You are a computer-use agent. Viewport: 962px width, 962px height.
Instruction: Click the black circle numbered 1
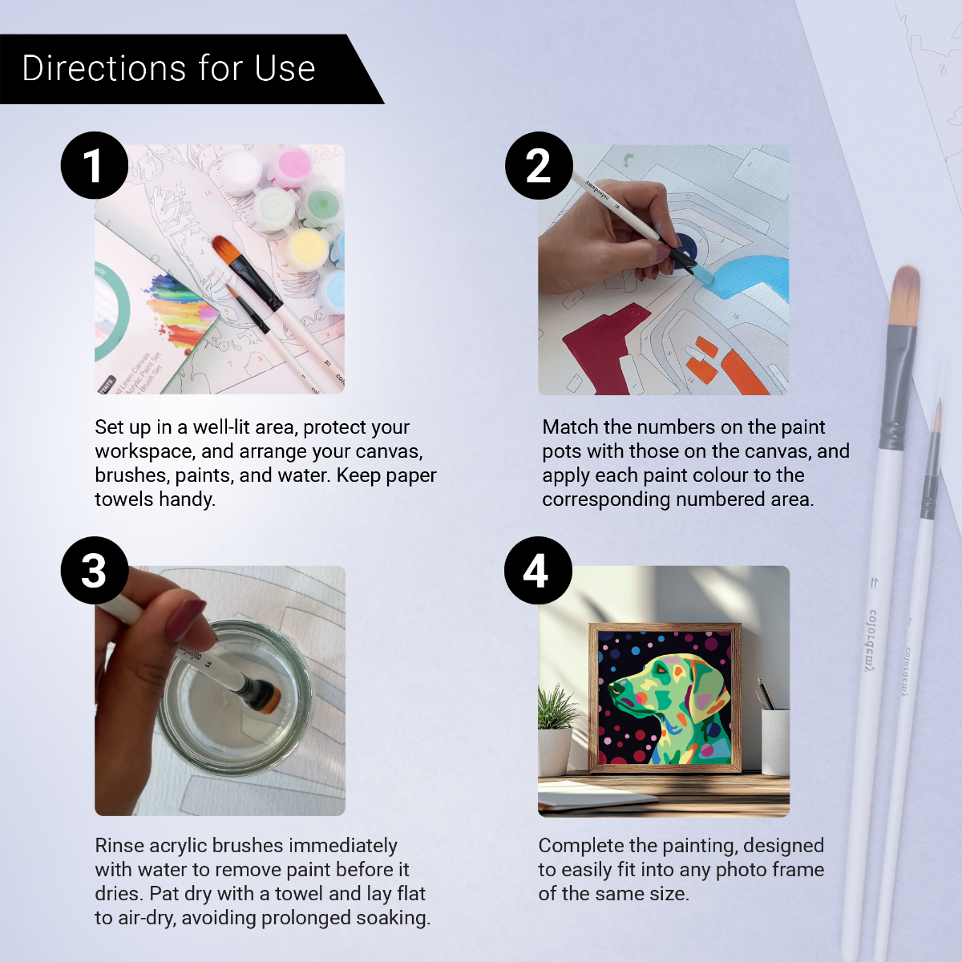95,165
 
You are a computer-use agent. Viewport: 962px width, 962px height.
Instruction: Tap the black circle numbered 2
539,165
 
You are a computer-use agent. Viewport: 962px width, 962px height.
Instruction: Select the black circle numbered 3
95,570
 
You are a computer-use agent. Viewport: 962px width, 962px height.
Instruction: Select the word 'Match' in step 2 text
570,427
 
